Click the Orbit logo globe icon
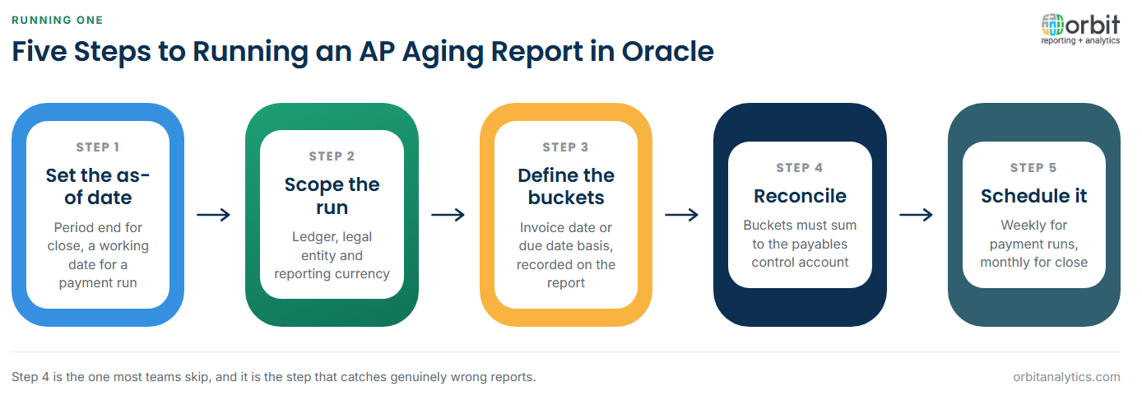[x=1052, y=25]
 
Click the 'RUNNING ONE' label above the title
[x=57, y=20]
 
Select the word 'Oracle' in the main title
[x=667, y=52]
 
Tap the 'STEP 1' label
[x=98, y=147]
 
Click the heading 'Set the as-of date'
[x=98, y=186]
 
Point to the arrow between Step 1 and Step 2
[x=214, y=215]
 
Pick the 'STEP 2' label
[x=332, y=156]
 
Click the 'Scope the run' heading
[x=332, y=196]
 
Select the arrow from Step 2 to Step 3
[x=448, y=215]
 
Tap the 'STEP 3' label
[x=566, y=147]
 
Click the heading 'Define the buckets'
[x=566, y=186]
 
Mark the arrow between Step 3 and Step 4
[x=681, y=215]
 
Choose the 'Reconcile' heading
[x=800, y=196]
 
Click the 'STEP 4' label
[x=800, y=168]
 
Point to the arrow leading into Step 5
[x=916, y=215]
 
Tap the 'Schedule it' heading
[x=1034, y=196]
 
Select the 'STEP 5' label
[x=1034, y=168]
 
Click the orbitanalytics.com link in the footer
[x=1066, y=377]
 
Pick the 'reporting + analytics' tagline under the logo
[x=1080, y=40]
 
